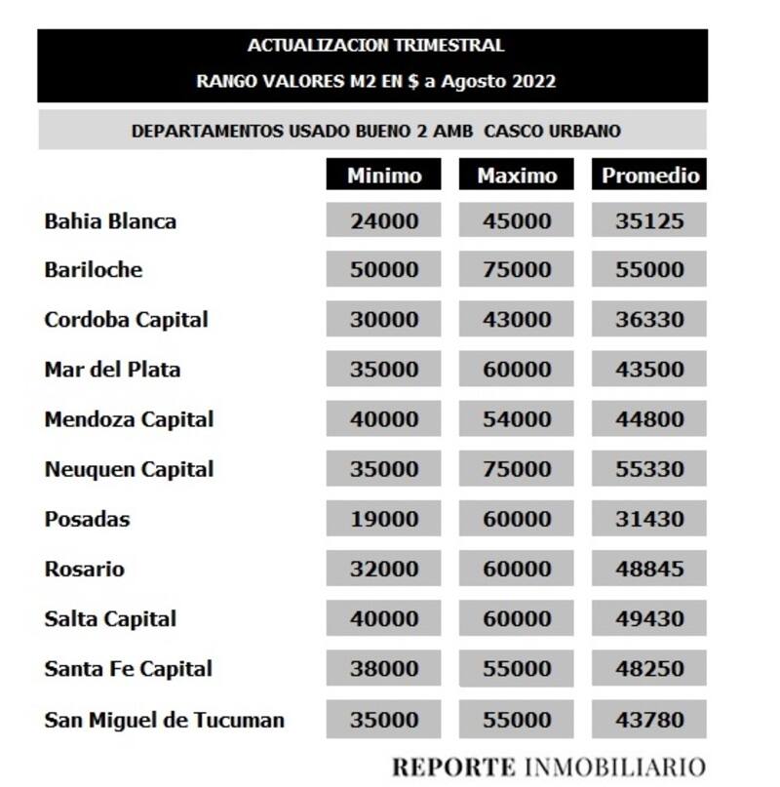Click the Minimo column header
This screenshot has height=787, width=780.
click(x=384, y=176)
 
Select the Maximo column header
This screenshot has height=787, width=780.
click(x=517, y=176)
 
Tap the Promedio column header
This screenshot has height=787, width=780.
click(x=649, y=176)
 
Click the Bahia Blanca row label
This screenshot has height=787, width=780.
click(x=110, y=221)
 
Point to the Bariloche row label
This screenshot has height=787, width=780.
click(x=93, y=270)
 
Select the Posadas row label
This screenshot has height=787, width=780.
click(x=87, y=519)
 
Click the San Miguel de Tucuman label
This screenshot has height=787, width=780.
click(x=164, y=721)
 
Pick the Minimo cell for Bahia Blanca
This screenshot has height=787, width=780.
click(x=384, y=221)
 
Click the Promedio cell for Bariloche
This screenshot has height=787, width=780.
click(x=649, y=270)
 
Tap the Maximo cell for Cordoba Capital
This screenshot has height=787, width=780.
click(x=517, y=320)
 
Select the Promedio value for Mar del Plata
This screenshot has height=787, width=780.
click(x=649, y=370)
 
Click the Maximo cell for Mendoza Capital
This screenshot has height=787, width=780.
click(x=517, y=419)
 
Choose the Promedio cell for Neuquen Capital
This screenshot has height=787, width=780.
click(x=649, y=469)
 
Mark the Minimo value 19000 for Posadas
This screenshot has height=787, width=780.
click(x=384, y=519)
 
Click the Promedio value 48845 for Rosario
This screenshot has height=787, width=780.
click(x=649, y=569)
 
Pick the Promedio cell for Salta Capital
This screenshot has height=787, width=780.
click(x=649, y=618)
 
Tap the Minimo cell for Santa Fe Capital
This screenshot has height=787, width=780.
click(x=384, y=669)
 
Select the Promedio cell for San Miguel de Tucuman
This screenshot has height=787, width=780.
click(x=649, y=721)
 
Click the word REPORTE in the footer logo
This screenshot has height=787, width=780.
click(x=454, y=765)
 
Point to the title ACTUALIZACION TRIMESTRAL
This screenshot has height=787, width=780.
click(x=375, y=46)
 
